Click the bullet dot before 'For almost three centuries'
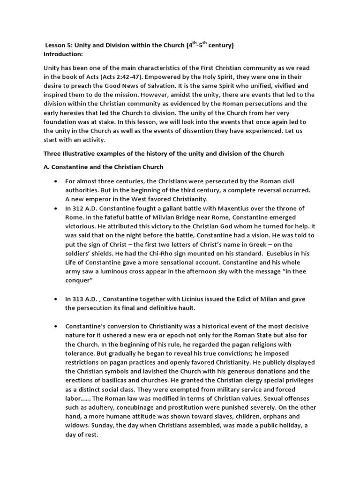[56, 181]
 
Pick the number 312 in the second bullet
[79, 208]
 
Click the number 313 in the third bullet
[79, 299]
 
